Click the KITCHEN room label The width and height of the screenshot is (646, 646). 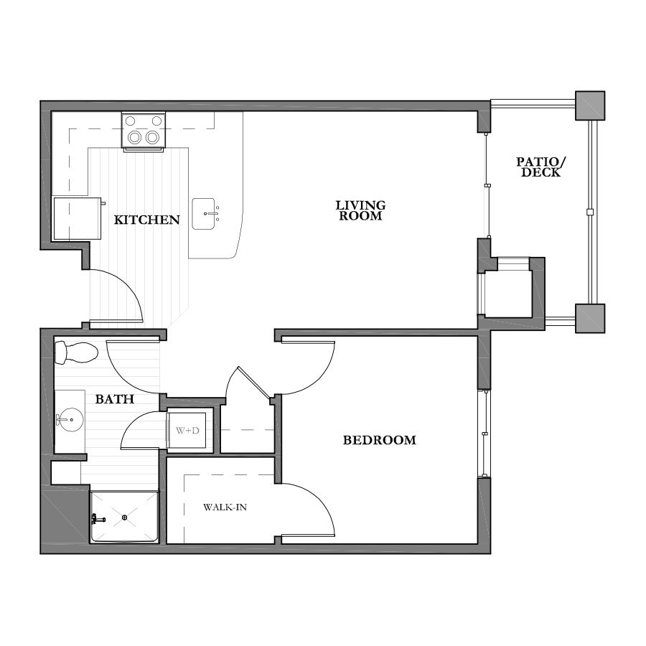(x=146, y=220)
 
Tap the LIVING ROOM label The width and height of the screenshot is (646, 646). (x=360, y=210)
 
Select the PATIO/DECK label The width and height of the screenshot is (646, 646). (x=538, y=167)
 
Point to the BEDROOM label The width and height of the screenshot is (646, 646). (x=379, y=440)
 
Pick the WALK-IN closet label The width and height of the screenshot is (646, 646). (x=225, y=507)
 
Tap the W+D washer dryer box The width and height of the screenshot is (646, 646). (x=189, y=431)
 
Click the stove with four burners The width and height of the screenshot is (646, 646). (x=143, y=131)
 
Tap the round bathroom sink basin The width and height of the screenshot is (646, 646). (x=70, y=420)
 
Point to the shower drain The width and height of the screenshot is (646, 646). (x=125, y=516)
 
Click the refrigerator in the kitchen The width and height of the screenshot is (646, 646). (x=77, y=218)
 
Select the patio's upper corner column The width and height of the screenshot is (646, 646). (x=590, y=106)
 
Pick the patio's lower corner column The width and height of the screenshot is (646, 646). (x=590, y=318)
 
